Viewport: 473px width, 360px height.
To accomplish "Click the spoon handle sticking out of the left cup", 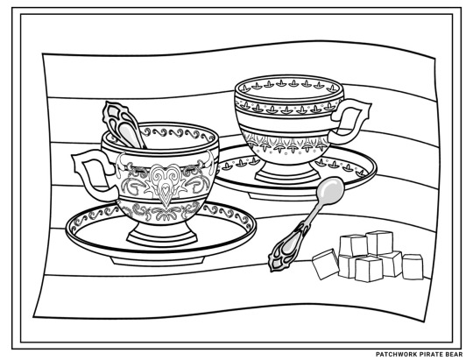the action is (122, 124).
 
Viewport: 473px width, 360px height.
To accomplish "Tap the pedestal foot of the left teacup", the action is (162, 234).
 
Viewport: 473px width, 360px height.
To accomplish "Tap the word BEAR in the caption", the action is (454, 354).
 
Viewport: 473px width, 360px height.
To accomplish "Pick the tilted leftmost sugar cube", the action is (326, 264).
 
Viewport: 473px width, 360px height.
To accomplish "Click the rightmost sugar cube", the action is (413, 267).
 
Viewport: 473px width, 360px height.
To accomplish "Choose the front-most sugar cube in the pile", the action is (369, 269).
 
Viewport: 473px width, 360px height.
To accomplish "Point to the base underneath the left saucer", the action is (158, 261).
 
